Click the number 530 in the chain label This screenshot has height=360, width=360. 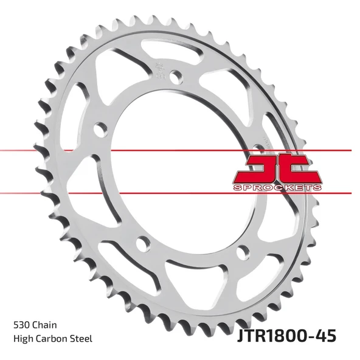21,325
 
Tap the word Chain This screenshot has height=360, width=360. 44,325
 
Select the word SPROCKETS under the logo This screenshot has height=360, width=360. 277,187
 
